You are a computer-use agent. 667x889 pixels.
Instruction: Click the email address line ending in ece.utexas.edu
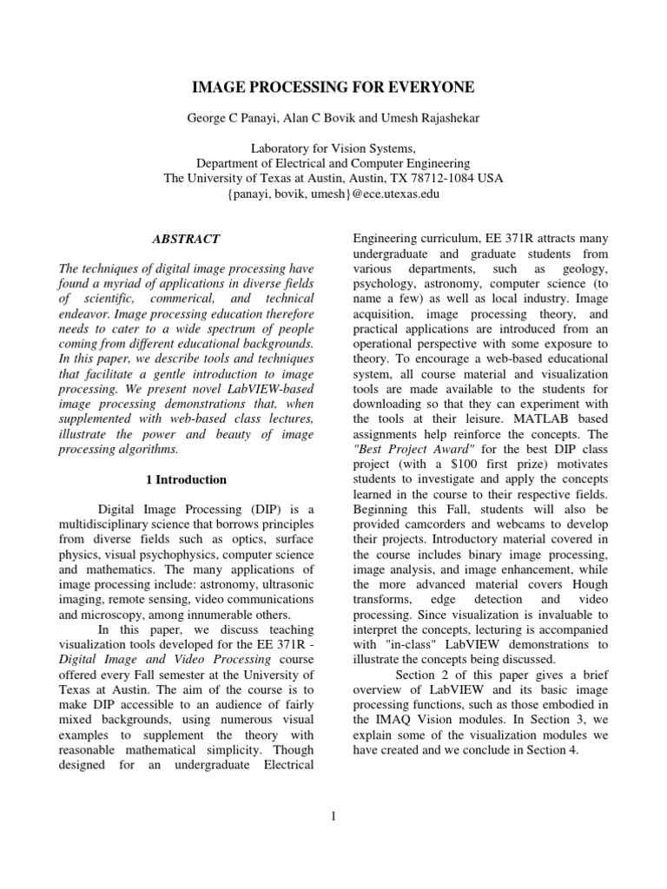click(x=333, y=194)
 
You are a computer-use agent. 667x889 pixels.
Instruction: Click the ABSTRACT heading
click(x=186, y=239)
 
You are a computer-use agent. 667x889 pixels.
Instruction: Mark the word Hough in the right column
click(x=590, y=584)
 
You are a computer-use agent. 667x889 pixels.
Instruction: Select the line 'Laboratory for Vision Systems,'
click(x=333, y=148)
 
